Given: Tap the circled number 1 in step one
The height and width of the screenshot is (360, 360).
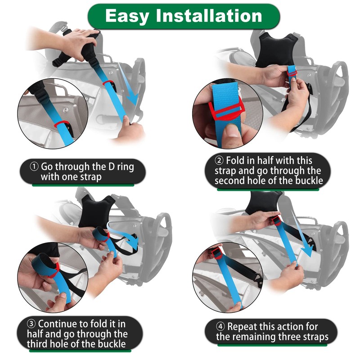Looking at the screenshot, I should (x=35, y=166).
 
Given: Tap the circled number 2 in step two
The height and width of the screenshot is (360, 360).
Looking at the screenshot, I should (x=220, y=161).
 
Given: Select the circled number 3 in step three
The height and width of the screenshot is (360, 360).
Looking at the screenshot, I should (x=31, y=324).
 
